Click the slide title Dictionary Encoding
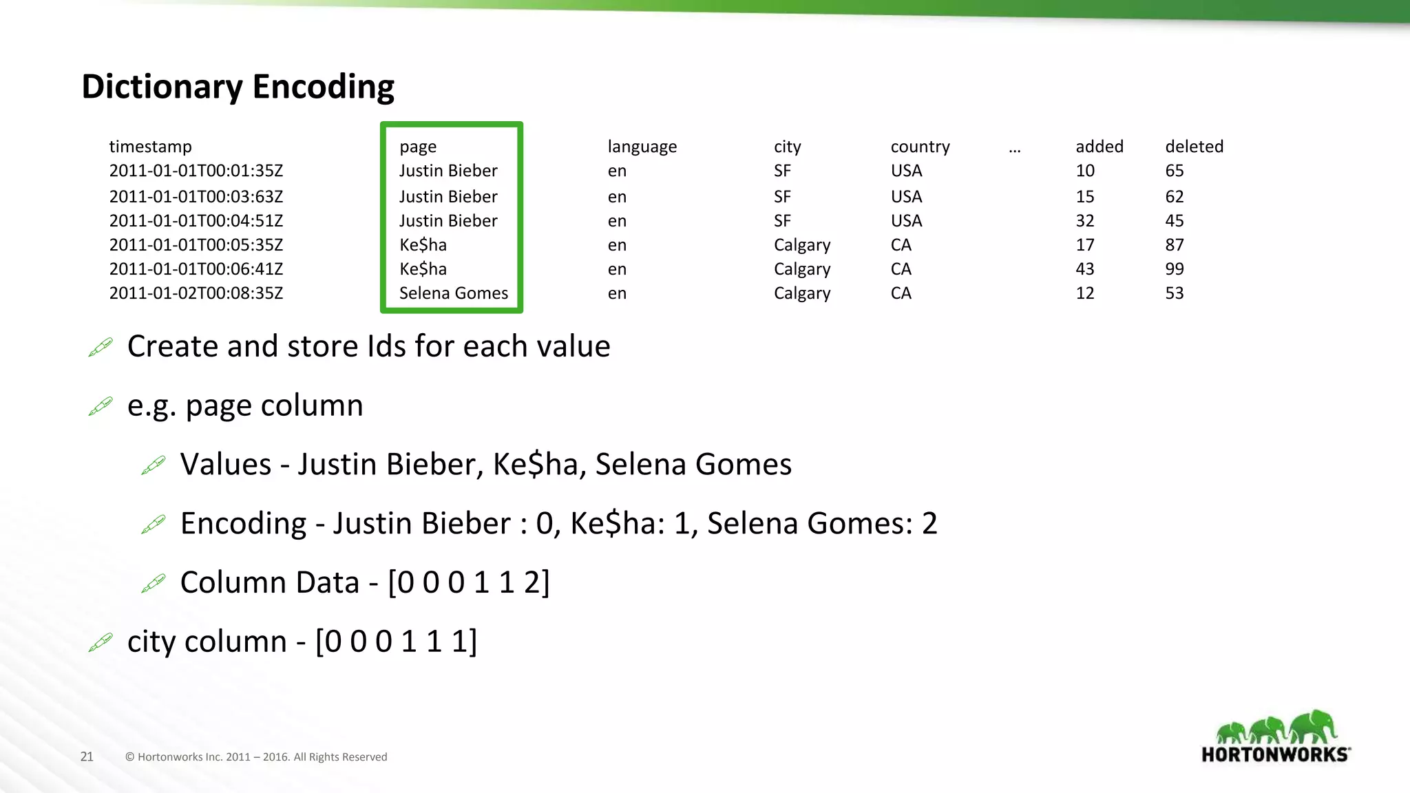click(238, 87)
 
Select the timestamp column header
click(150, 147)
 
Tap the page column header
click(418, 147)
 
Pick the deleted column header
click(1194, 147)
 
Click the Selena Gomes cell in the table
click(454, 293)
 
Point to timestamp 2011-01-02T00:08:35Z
click(196, 293)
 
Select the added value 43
click(1085, 269)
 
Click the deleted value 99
click(1175, 269)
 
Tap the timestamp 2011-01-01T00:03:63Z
click(196, 197)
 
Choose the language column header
click(642, 147)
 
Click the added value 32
click(1085, 221)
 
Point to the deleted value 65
click(1175, 171)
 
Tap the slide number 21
click(87, 757)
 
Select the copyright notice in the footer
click(256, 757)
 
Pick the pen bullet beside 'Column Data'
click(154, 584)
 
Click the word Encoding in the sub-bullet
click(243, 524)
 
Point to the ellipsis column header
click(1014, 149)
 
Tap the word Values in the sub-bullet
click(226, 465)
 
